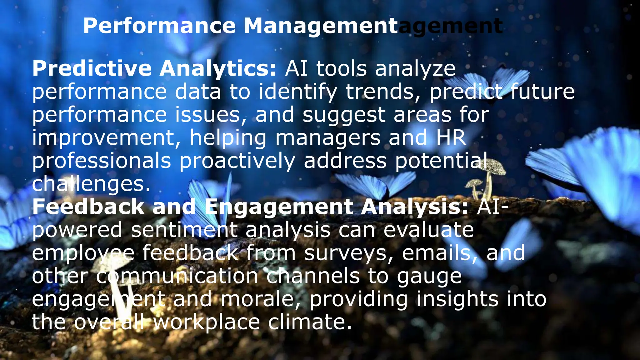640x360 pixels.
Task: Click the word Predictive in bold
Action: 92,68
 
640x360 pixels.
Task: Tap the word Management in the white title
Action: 321,26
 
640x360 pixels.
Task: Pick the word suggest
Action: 344,115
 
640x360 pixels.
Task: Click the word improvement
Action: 107,137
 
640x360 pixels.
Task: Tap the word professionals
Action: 102,161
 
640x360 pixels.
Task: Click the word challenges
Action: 91,184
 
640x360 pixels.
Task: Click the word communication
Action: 177,276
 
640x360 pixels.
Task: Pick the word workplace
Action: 207,322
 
